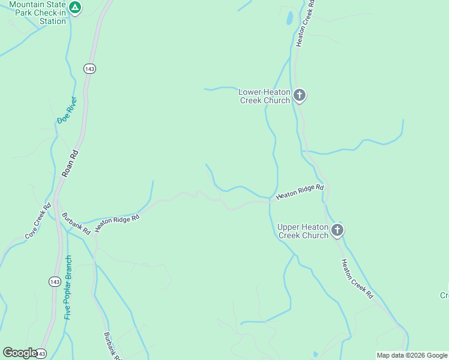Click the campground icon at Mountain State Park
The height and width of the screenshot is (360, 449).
tap(74, 7)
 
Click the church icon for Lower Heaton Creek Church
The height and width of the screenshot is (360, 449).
tap(300, 95)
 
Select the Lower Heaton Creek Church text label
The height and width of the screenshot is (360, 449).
tap(264, 96)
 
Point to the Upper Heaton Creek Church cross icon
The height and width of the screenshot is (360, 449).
tap(337, 230)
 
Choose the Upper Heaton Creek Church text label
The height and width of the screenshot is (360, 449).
tap(303, 231)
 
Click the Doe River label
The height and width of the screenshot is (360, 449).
tap(67, 110)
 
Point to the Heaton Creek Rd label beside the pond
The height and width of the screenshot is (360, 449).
tap(305, 23)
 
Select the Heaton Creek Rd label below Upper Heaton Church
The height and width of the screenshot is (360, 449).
tap(357, 279)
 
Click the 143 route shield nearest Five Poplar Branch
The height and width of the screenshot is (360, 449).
tap(55, 281)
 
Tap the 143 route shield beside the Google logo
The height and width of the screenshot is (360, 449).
tap(41, 354)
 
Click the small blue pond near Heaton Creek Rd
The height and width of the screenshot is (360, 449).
tap(289, 18)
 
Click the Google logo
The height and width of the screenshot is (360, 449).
tap(19, 353)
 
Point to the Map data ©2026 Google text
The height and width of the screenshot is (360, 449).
tap(412, 355)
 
